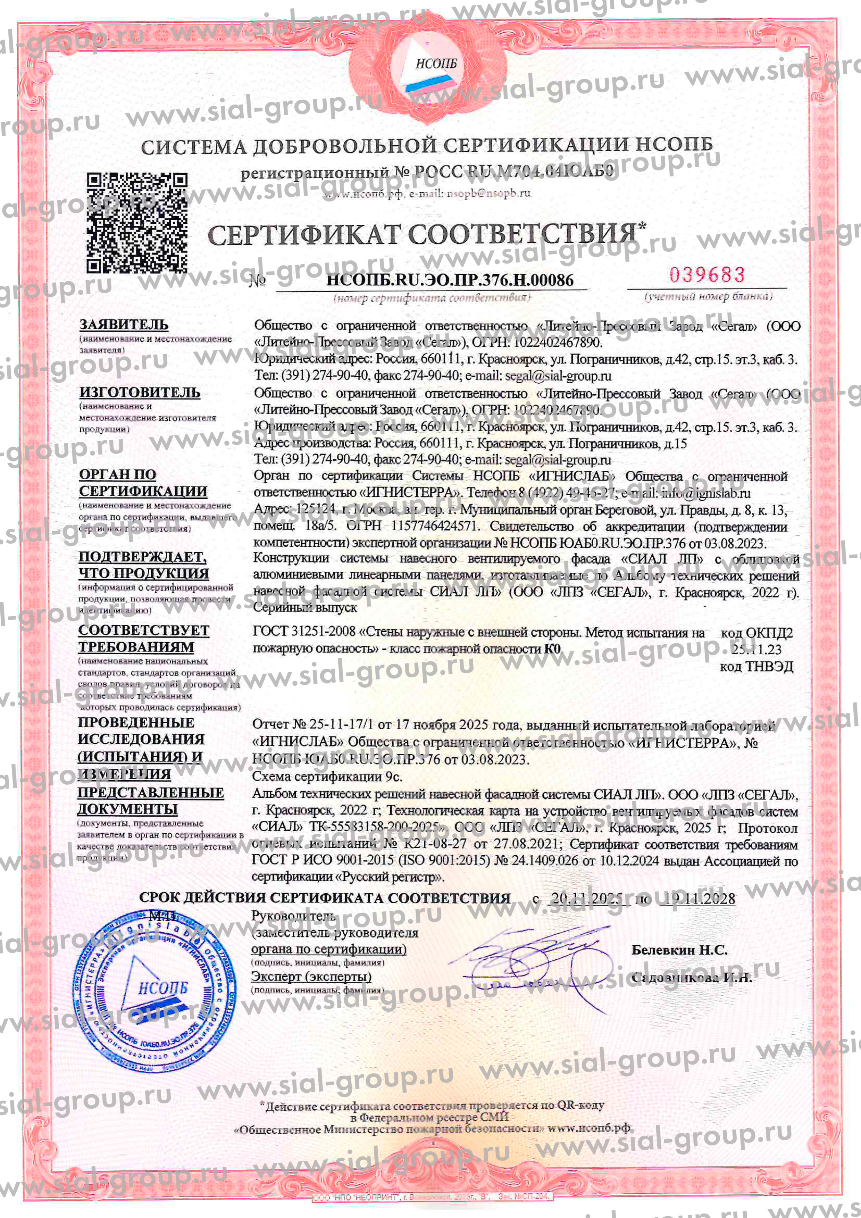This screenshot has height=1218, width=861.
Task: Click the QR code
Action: pyautogui.click(x=137, y=223)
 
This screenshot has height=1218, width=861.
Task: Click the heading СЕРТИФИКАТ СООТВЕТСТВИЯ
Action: pyautogui.click(x=422, y=235)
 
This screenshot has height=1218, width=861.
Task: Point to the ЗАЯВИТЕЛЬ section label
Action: pyautogui.click(x=124, y=324)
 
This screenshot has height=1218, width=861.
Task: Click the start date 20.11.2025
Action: pyautogui.click(x=586, y=899)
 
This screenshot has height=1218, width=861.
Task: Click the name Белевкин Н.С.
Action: pyautogui.click(x=679, y=950)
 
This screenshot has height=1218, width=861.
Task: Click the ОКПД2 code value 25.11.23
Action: pyautogui.click(x=756, y=649)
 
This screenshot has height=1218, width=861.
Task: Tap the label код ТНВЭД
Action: pyautogui.click(x=756, y=667)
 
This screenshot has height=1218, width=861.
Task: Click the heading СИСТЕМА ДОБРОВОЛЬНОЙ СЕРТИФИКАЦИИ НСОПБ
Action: pyautogui.click(x=427, y=146)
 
